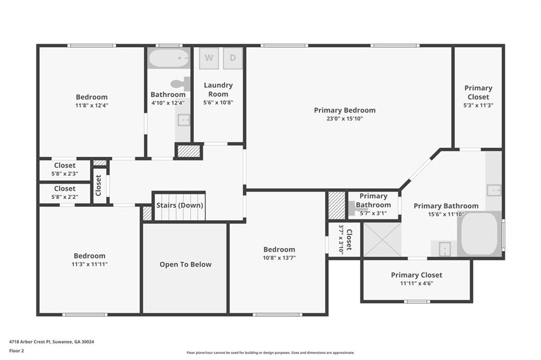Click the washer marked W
(209, 58)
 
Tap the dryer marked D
(233, 58)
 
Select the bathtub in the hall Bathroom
(169, 58)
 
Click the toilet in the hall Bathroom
(181, 83)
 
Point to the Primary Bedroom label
(344, 110)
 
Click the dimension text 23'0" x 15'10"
(344, 119)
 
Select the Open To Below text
(185, 264)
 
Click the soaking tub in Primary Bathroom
(479, 234)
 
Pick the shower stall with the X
(382, 240)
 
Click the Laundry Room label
(218, 89)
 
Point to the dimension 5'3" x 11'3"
(478, 105)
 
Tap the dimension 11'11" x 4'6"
(416, 283)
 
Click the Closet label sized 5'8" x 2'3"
(64, 165)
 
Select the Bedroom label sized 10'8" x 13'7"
(279, 249)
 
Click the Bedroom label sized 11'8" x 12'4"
(91, 97)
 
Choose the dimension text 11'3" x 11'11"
(90, 264)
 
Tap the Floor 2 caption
(17, 350)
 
